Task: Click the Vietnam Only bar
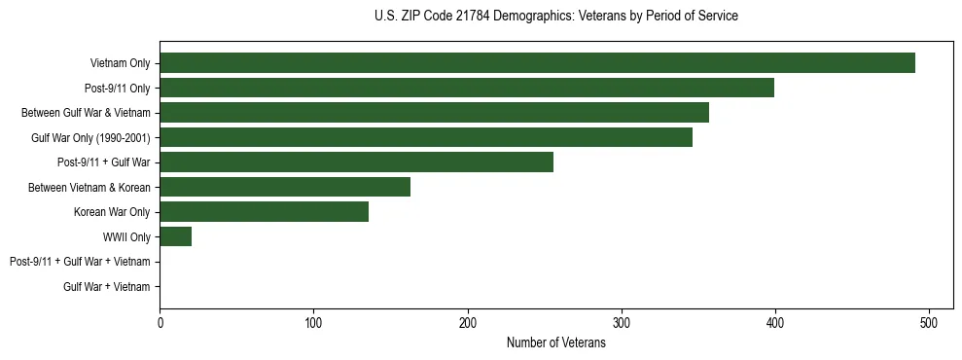(537, 63)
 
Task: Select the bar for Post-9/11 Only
(467, 88)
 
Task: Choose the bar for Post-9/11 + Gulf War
(356, 162)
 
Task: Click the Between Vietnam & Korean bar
(285, 187)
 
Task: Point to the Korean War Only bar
(264, 212)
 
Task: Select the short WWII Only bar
(175, 236)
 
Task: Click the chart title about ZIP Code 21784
(555, 17)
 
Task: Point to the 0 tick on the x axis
(160, 323)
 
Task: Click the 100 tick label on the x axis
(313, 323)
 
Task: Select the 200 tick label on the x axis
(467, 323)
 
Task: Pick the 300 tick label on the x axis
(622, 323)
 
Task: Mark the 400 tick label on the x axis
(775, 323)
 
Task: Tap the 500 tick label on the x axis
(929, 323)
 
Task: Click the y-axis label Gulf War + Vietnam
(107, 287)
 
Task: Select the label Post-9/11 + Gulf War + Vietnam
(80, 262)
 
